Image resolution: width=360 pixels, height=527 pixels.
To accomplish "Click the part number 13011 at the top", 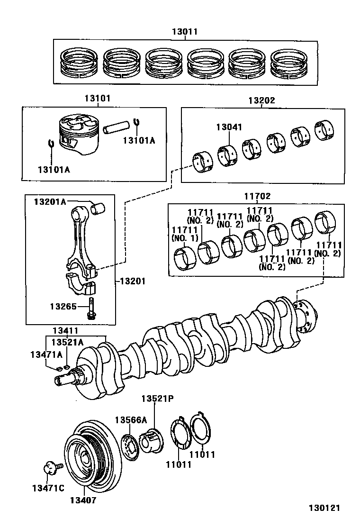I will point(184,32).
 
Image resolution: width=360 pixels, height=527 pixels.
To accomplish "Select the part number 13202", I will point(261,100).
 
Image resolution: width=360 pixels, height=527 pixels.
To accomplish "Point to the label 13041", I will point(229,127).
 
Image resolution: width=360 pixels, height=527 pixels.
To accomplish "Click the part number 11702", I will point(258,196).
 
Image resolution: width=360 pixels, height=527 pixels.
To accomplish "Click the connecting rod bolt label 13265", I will point(63,306).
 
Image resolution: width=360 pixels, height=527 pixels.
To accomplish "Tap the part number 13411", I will point(65,330).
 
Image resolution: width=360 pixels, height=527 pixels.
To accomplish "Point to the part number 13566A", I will point(131,420).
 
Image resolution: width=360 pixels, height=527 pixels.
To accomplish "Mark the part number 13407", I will point(83,500).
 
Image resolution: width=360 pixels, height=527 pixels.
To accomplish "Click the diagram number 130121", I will point(324,509).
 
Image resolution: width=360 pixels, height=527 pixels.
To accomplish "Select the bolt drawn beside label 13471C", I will point(50,469).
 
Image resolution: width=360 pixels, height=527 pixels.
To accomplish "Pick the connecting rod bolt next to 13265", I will point(90,309).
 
